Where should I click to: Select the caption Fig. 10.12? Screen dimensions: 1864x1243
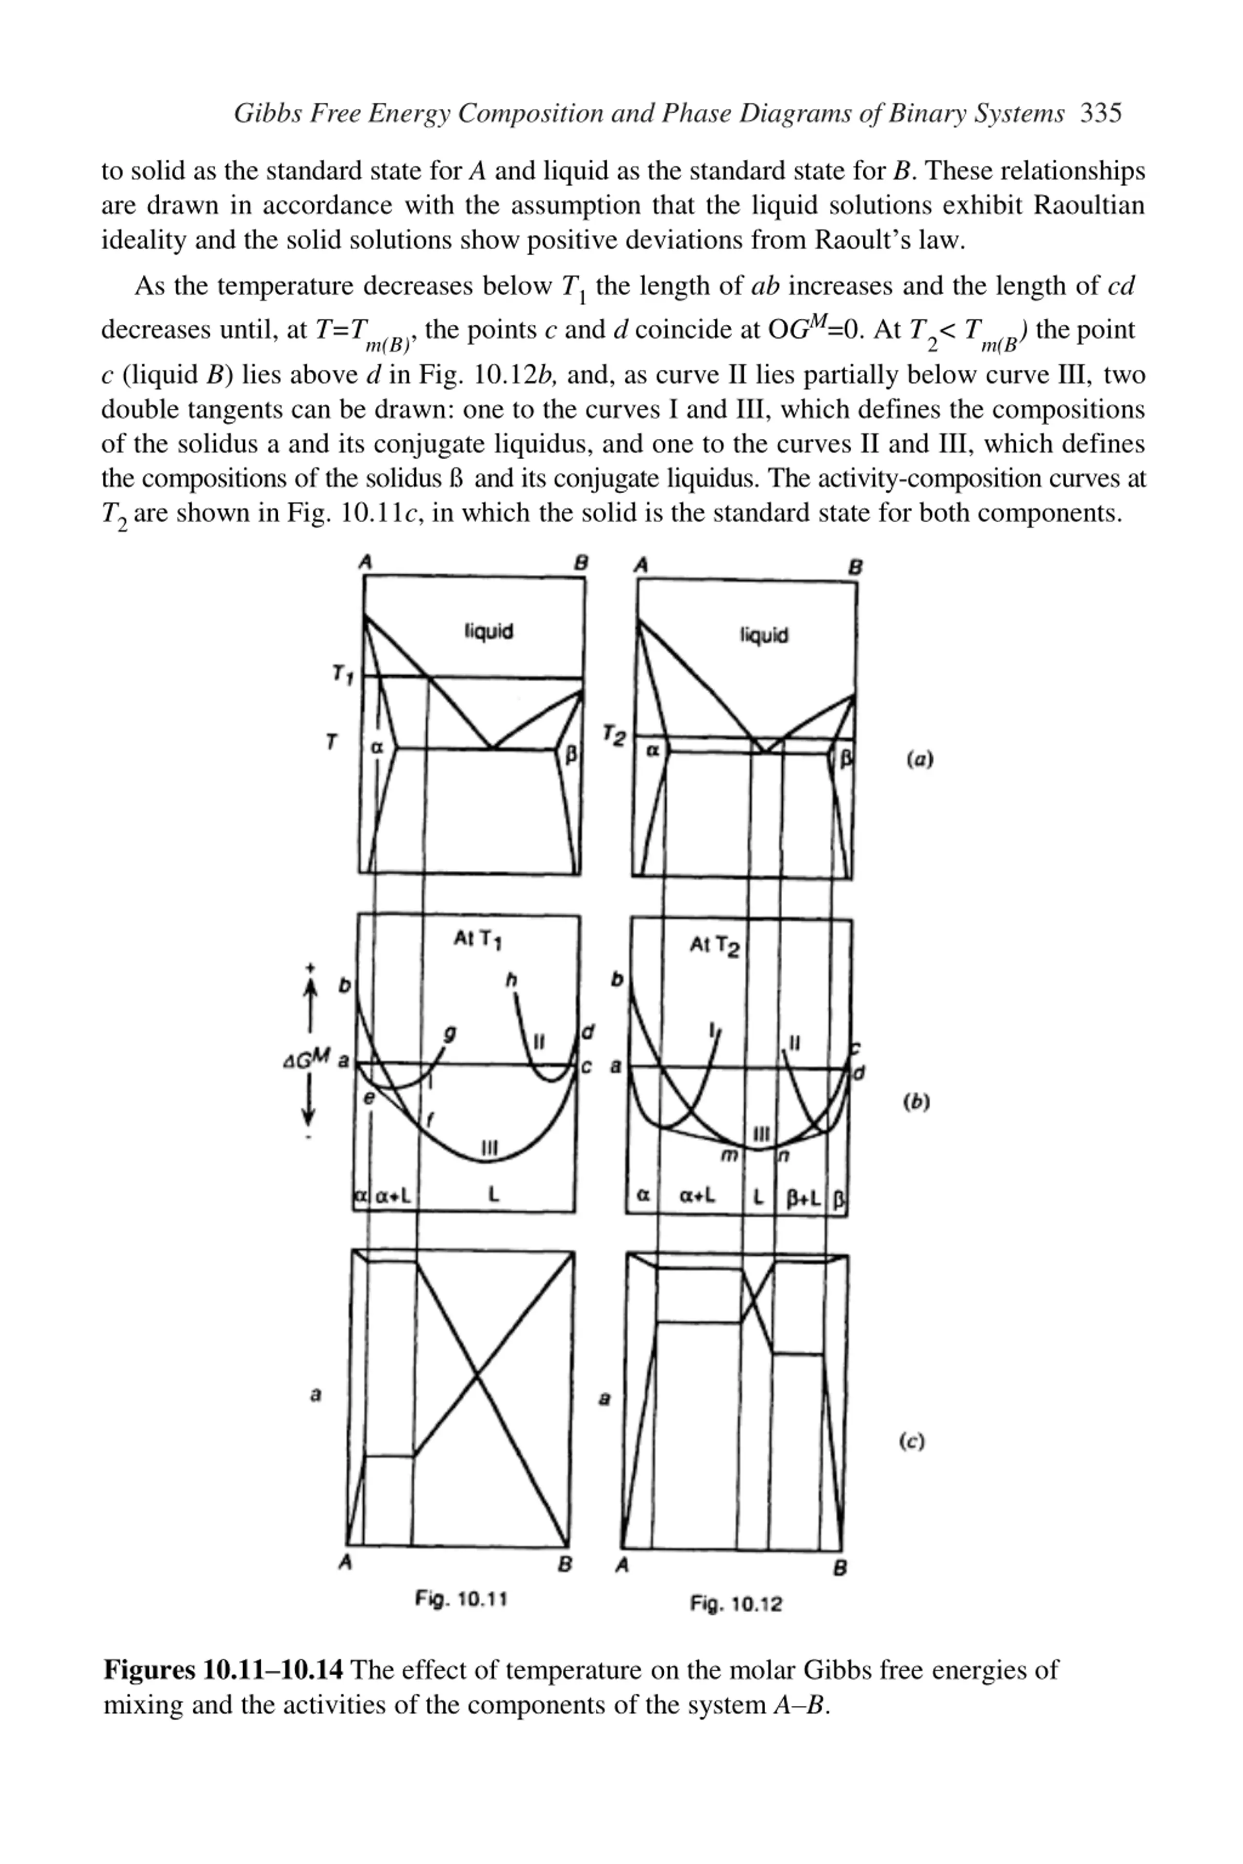pos(736,1604)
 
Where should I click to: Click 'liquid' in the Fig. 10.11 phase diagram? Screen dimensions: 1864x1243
pos(488,631)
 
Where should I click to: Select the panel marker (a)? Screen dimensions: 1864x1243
pos(919,759)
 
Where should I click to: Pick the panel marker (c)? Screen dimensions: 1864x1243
pos(912,1442)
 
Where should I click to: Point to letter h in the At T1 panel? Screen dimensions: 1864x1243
pos(511,981)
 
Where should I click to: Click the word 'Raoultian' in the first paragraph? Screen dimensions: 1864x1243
pos(1089,205)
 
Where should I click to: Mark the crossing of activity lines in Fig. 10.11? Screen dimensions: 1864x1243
pos(476,1378)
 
